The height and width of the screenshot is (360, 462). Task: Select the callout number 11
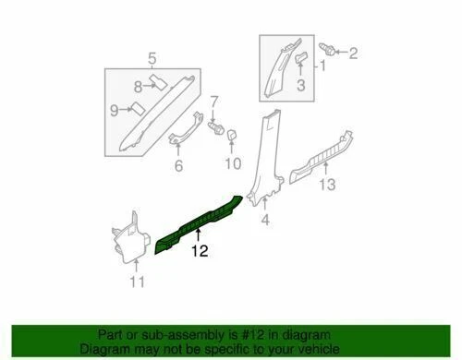click(x=136, y=282)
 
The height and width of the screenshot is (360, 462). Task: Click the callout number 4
click(x=264, y=221)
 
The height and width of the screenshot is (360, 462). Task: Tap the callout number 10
click(x=232, y=162)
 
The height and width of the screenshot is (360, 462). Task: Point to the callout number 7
click(x=214, y=100)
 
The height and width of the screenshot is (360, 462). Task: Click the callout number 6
click(x=179, y=166)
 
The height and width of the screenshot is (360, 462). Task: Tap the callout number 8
click(x=137, y=86)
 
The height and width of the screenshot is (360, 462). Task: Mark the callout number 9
click(x=115, y=110)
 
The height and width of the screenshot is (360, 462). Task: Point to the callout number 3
click(x=300, y=87)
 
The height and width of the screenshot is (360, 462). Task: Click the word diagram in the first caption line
click(x=313, y=335)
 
